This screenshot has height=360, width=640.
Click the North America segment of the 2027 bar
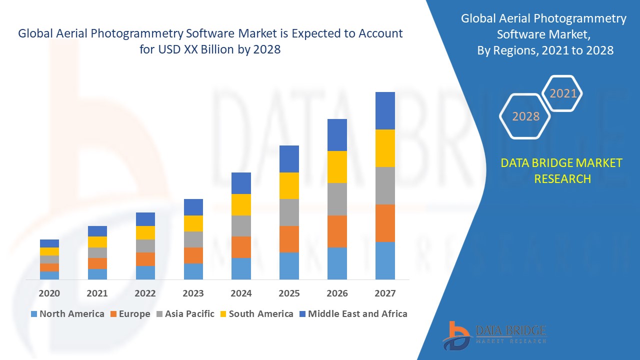tap(385, 260)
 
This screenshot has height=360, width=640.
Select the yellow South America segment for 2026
tap(337, 167)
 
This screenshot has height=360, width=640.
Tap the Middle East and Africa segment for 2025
tap(289, 159)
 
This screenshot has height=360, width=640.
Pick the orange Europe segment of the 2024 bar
tap(241, 247)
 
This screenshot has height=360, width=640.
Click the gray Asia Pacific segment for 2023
tap(193, 239)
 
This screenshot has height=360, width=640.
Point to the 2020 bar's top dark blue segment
tap(49, 243)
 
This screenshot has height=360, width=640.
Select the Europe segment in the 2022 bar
tap(145, 259)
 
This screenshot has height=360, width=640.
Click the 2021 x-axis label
tap(97, 293)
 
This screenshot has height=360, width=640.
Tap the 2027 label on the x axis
tap(385, 293)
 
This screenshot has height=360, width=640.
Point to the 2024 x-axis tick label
tap(241, 293)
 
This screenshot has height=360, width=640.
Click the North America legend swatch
tap(34, 314)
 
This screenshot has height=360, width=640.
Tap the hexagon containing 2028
tap(525, 116)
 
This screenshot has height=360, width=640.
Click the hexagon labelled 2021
tap(563, 93)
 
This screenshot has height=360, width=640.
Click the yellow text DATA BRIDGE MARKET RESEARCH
tap(562, 170)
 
